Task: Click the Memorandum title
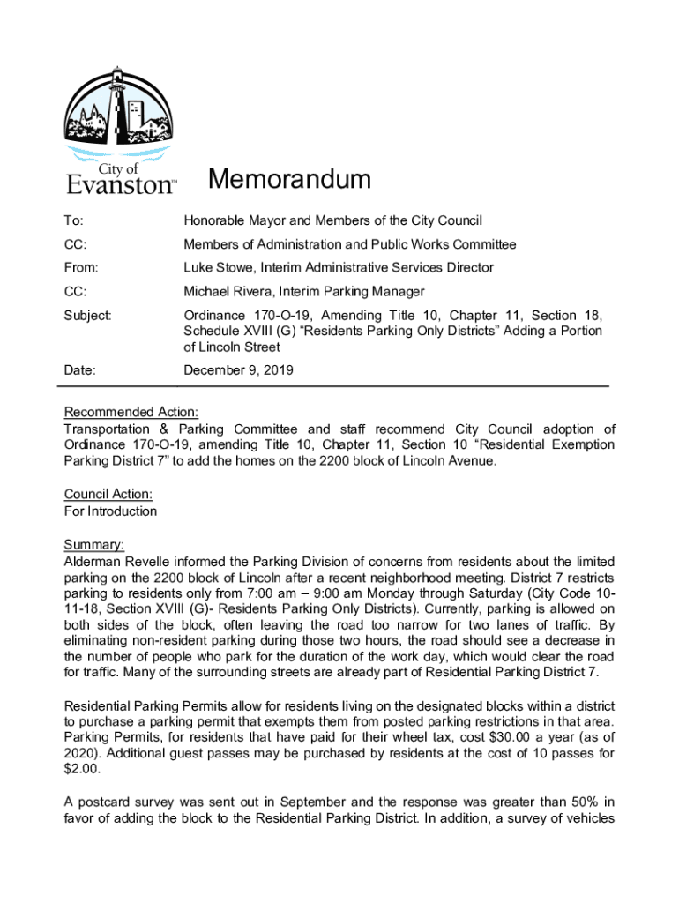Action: pos(289,180)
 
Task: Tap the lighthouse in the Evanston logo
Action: pos(117,111)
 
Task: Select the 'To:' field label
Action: pos(74,220)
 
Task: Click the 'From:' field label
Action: pos(81,267)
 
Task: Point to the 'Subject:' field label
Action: pos(88,315)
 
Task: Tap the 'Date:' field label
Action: pos(80,371)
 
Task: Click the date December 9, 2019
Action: pos(238,371)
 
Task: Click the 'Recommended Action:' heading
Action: pos(131,413)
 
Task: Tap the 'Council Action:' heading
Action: pos(108,495)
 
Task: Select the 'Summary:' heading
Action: pos(94,544)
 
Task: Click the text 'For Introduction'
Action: pos(110,511)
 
